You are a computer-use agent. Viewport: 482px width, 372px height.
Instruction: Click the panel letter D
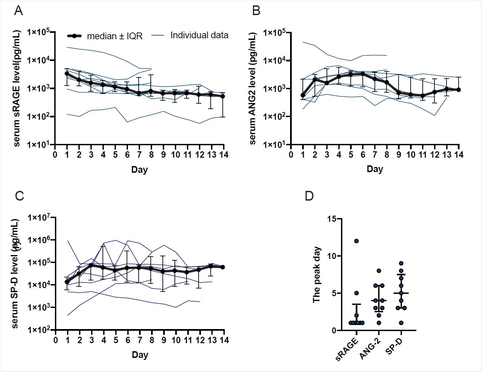309,196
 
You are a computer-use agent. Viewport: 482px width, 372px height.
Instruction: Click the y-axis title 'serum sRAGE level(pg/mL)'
17,88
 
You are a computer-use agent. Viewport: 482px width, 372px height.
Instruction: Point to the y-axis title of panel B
254,88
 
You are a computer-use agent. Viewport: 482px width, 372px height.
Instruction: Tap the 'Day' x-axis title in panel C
140,355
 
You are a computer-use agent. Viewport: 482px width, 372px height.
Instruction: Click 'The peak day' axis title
317,275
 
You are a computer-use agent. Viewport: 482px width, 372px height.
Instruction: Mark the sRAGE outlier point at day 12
356,241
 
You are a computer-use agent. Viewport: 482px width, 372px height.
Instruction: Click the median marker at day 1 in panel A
67,73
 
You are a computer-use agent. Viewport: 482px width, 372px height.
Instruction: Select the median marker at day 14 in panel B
459,90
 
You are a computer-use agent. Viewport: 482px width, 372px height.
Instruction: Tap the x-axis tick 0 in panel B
291,155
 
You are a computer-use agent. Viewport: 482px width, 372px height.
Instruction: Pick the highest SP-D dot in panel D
401,263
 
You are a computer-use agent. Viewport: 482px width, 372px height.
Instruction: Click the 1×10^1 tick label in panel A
39,144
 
